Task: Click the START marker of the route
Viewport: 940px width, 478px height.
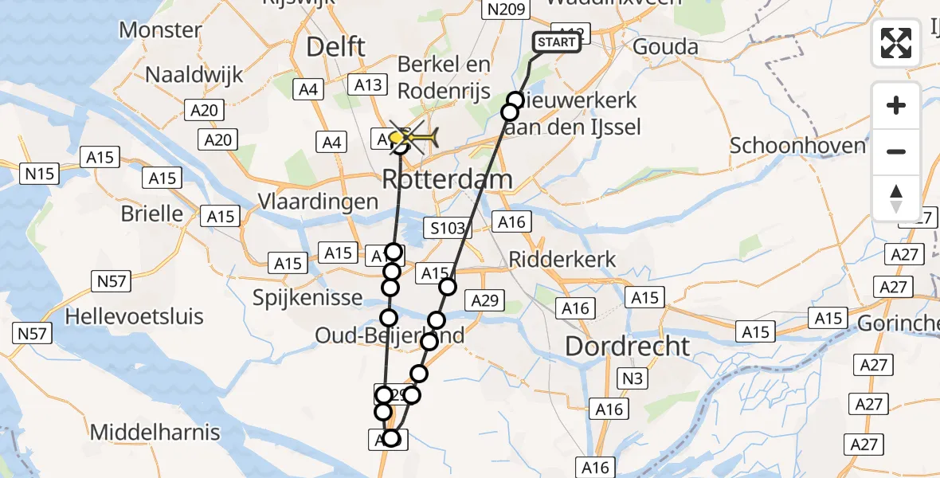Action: click(557, 42)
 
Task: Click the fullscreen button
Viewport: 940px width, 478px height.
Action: click(896, 43)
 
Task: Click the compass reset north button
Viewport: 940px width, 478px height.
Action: click(896, 198)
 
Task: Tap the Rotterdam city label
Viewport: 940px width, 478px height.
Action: click(447, 179)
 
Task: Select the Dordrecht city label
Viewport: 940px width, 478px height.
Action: click(628, 346)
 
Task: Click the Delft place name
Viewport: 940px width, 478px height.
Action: click(337, 47)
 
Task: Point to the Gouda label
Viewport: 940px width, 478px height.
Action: click(665, 47)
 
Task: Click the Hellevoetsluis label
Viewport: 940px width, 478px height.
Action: click(134, 316)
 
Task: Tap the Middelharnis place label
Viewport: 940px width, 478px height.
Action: click(155, 433)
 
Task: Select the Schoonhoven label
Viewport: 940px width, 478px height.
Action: click(797, 146)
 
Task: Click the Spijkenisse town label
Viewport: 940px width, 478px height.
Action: click(307, 298)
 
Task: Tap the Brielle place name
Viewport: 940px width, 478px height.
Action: click(151, 214)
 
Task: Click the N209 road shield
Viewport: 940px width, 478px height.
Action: click(505, 10)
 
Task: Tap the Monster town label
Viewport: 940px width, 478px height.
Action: click(160, 30)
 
